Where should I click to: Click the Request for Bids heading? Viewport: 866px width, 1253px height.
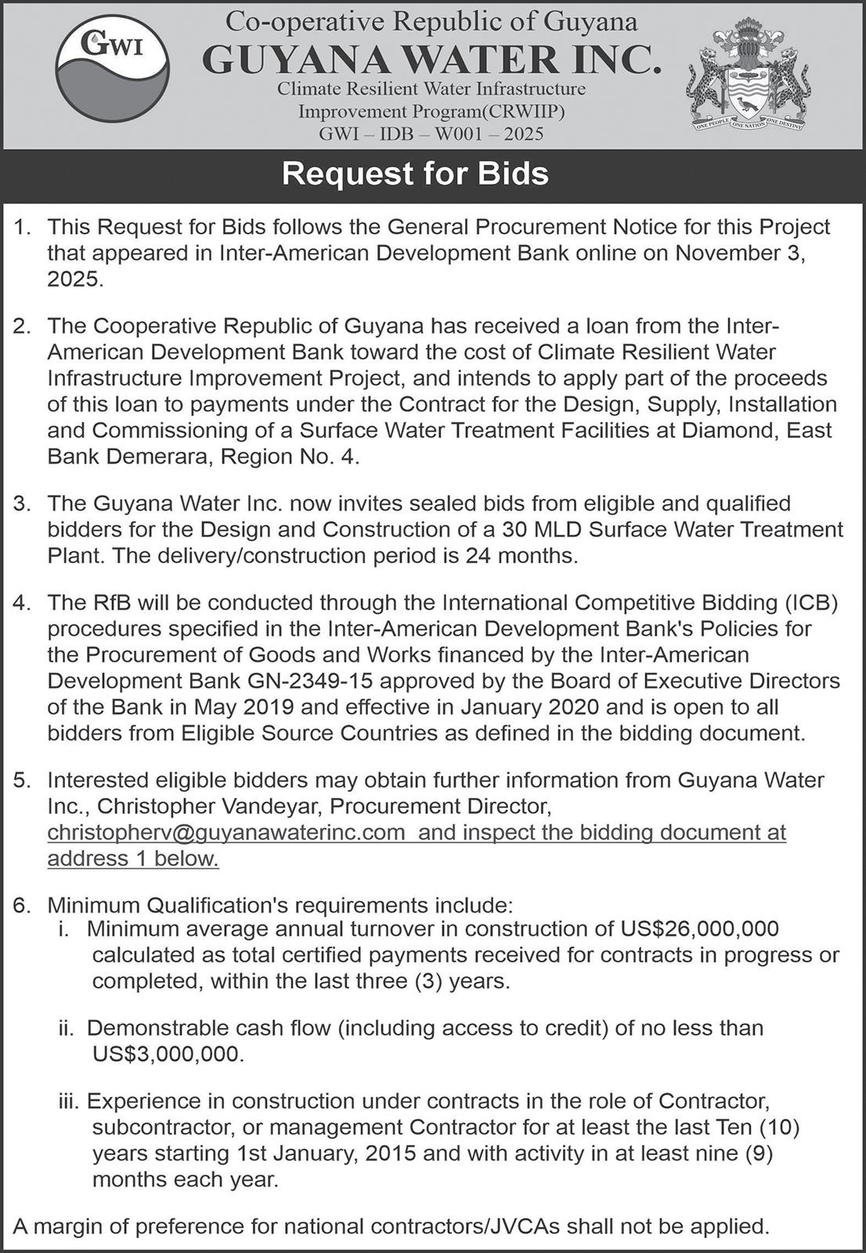click(x=415, y=173)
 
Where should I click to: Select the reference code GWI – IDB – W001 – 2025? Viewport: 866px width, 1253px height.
click(x=431, y=134)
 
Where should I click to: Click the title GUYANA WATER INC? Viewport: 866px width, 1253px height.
click(x=431, y=60)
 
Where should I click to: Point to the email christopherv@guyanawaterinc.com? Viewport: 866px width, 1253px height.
click(x=226, y=832)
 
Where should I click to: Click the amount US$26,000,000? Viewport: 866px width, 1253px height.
click(x=699, y=929)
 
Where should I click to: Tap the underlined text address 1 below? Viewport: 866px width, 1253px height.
click(x=133, y=858)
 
